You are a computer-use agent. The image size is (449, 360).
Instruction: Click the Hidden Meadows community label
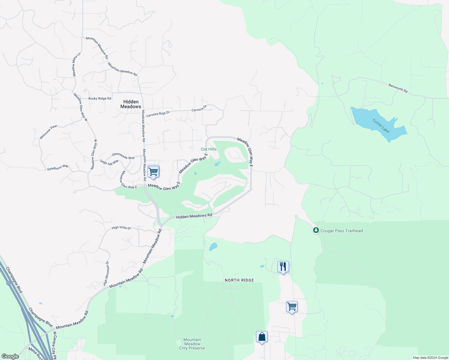click(x=131, y=104)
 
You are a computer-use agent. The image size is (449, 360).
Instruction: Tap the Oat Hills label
click(x=209, y=149)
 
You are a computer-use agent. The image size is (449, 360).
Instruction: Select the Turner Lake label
click(x=381, y=126)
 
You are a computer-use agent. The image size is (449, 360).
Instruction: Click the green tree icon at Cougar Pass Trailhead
click(x=316, y=230)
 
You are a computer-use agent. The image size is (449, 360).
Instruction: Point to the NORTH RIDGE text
click(x=239, y=280)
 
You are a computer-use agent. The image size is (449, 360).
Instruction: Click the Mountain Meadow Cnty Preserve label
click(x=192, y=344)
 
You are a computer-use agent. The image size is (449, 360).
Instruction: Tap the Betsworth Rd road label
click(x=398, y=88)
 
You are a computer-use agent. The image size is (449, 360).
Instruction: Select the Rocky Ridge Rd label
click(x=100, y=98)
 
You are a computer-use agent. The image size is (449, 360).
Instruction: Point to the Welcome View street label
click(x=48, y=132)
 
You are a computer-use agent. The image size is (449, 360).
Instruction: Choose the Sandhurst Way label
click(x=58, y=167)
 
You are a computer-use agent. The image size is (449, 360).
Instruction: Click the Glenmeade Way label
click(x=123, y=156)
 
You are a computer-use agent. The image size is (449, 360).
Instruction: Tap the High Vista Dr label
click(x=121, y=228)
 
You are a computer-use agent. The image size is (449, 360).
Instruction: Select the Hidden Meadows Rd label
click(x=194, y=216)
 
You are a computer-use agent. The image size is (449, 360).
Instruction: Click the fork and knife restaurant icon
click(x=283, y=266)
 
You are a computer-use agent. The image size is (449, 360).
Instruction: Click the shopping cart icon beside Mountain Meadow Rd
click(x=153, y=172)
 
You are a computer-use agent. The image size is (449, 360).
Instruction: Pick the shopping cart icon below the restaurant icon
click(x=292, y=307)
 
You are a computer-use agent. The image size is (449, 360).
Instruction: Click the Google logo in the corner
click(x=10, y=356)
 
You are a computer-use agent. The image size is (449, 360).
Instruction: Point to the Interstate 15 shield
click(x=8, y=283)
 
